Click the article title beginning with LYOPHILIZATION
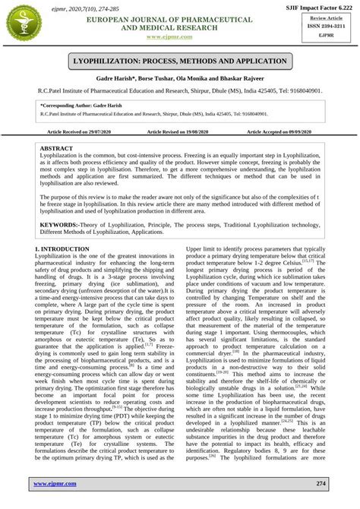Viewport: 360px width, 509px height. pos(180,61)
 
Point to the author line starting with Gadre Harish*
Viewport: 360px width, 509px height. pos(180,79)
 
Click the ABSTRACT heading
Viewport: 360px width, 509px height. pos(56,148)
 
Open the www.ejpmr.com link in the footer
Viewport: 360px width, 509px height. pos(58,483)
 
